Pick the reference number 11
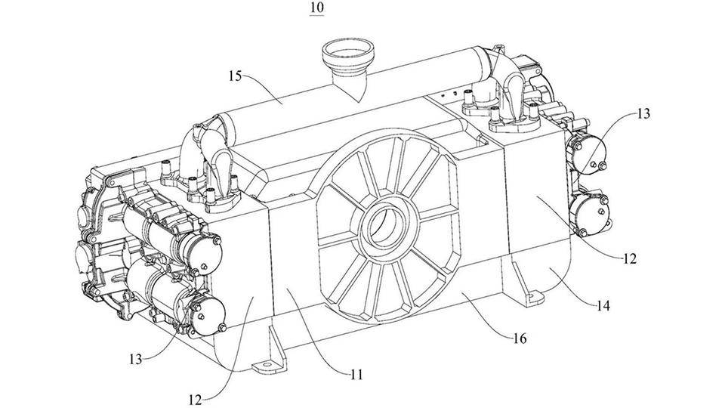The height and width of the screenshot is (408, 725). tap(356, 372)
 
